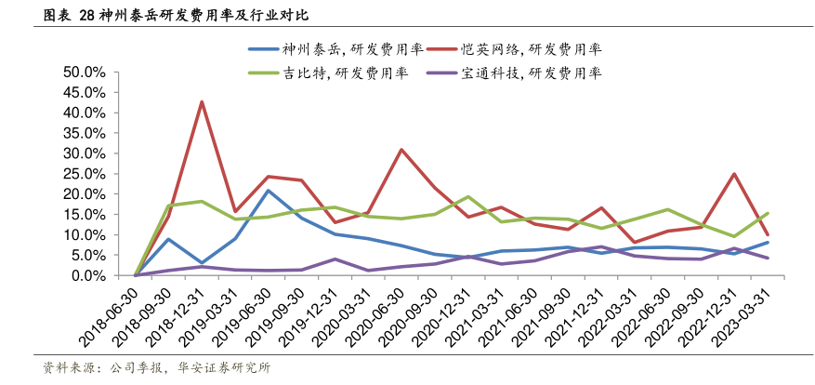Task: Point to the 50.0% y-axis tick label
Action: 85,72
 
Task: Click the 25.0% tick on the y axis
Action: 85,174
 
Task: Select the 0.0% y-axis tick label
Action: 88,276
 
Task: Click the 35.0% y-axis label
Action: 85,133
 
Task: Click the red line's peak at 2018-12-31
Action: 202,102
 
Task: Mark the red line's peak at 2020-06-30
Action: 401,150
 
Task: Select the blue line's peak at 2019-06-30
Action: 269,191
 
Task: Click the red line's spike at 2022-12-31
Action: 734,174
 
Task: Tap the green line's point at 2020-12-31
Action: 467,197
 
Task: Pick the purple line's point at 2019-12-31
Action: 335,259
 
